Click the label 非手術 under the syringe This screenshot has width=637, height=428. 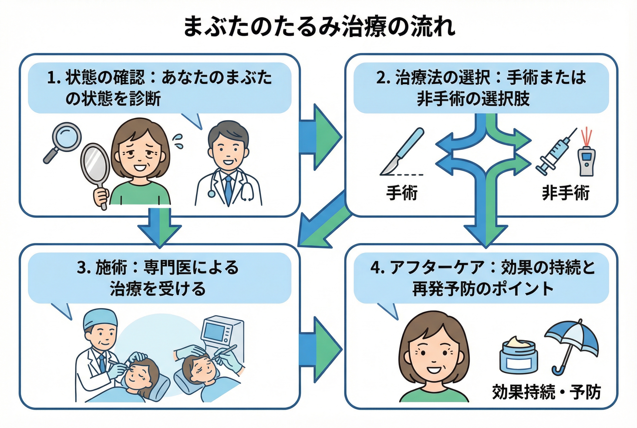[x=566, y=193]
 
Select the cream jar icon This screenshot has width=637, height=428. [x=518, y=355]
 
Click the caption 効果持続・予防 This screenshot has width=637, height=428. [x=546, y=392]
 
